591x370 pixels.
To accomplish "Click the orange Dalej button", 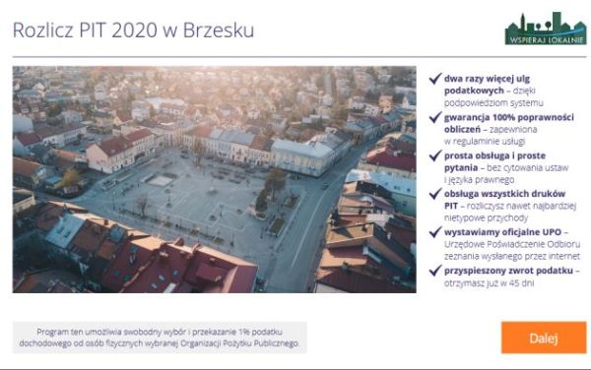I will tap(543, 338).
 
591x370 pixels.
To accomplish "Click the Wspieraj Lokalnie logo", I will tap(545, 29).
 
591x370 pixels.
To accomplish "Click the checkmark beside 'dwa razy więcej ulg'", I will tap(434, 78).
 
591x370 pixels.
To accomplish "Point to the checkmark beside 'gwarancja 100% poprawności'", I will tap(434, 116).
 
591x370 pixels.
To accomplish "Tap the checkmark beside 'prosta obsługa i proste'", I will tap(434, 155).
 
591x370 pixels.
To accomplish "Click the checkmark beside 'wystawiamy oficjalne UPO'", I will tap(434, 231).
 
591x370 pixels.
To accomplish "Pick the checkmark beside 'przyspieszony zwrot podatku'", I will tap(434, 270).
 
